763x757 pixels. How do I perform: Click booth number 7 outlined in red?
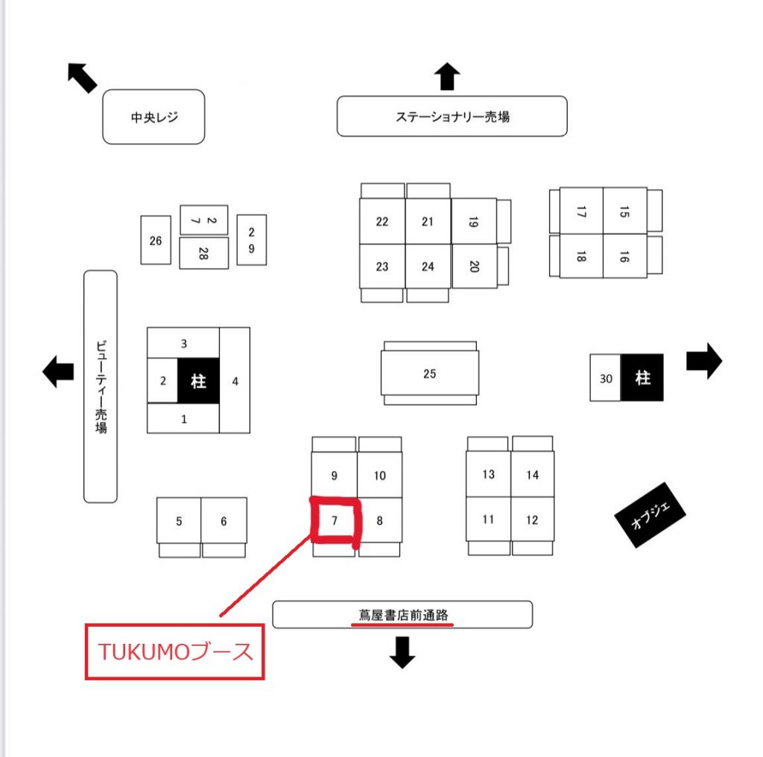pos(335,521)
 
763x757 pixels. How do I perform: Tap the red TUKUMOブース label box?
pos(175,652)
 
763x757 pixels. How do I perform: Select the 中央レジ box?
pos(153,117)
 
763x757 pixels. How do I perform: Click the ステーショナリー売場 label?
pos(452,117)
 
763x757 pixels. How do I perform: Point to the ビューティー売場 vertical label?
pos(101,386)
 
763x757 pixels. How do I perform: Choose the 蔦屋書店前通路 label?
pos(402,615)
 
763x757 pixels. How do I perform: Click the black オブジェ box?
pos(650,514)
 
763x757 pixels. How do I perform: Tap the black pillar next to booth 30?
pos(642,378)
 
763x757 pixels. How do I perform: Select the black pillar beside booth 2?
pos(198,381)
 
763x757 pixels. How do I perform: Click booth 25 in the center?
pos(429,374)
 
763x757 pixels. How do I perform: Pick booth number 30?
pos(606,378)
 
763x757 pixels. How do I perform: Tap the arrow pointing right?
pos(703,361)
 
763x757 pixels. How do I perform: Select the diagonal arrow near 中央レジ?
pos(82,77)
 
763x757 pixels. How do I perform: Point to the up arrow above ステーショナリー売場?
pos(447,77)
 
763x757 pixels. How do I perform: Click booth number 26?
pos(156,240)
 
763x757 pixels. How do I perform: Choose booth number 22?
pos(382,221)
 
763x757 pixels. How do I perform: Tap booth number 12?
pos(532,520)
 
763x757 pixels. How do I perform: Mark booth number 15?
pos(624,211)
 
